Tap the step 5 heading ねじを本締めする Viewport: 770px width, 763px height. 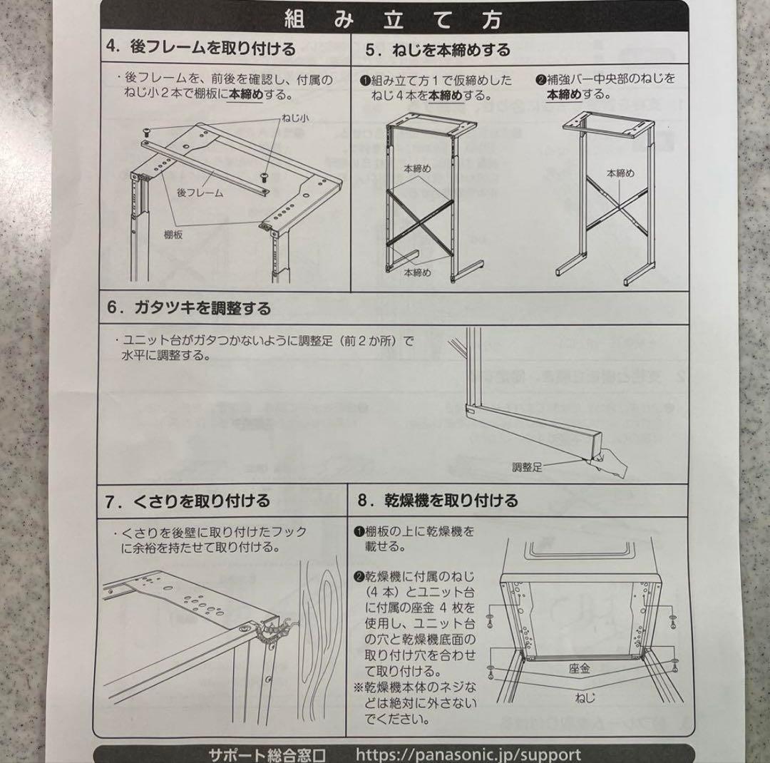[438, 50]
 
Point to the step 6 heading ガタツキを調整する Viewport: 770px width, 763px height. [189, 308]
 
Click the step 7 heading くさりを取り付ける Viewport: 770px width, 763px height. [188, 501]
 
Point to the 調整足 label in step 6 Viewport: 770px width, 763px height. [527, 467]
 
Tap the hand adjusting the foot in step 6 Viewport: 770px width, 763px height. [613, 464]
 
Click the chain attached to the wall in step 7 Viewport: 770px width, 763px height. [274, 632]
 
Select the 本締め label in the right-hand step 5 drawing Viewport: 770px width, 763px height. [620, 173]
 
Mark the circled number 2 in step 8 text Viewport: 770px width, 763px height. [359, 576]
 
